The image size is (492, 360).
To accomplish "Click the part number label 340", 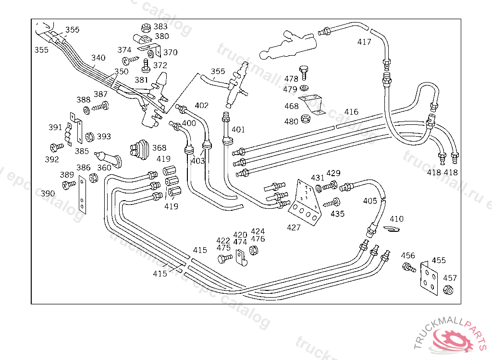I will [98, 58].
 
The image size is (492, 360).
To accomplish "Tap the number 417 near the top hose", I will [364, 42].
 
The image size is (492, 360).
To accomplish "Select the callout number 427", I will [294, 227].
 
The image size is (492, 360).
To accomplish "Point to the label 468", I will [291, 106].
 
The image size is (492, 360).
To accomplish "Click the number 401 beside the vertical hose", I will [238, 129].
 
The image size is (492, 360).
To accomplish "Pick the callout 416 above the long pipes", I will [351, 112].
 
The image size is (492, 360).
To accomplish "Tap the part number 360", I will [104, 168].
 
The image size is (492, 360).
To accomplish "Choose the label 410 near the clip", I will [396, 219].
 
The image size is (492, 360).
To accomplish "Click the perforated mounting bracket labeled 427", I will [304, 202].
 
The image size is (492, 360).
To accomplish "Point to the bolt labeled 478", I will [303, 71].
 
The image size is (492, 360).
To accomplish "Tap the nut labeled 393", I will [89, 137].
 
